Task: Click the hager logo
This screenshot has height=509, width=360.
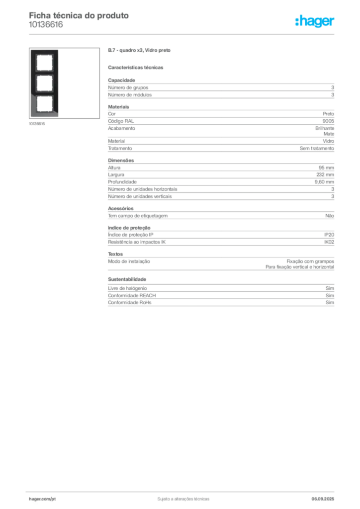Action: [x=314, y=21]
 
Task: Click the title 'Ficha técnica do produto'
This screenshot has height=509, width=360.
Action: [x=79, y=15]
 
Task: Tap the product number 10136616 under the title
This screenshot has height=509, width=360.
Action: [x=46, y=25]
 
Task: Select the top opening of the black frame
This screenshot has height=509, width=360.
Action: [x=44, y=63]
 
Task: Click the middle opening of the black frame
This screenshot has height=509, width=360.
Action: [x=44, y=84]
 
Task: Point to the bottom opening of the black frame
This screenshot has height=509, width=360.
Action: [x=44, y=104]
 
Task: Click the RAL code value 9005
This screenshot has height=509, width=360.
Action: [x=328, y=121]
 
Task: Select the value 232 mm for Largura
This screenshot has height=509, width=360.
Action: [x=325, y=174]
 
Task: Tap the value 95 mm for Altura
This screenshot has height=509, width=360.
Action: [x=326, y=168]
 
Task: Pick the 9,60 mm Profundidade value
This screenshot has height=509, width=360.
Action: [x=324, y=182]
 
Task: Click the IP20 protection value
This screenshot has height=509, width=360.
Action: [x=329, y=235]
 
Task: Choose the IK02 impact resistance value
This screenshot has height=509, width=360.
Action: [x=329, y=242]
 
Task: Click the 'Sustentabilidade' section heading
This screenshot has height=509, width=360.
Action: [x=127, y=279]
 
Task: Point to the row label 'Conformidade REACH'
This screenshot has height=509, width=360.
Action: [x=132, y=295]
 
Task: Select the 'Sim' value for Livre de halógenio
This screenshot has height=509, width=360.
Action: [x=330, y=288]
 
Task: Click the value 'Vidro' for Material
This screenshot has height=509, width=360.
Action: [x=328, y=141]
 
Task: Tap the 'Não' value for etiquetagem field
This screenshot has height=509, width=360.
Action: [x=330, y=216]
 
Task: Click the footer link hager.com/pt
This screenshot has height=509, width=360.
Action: [x=42, y=499]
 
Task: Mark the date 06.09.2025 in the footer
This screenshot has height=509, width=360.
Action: [x=323, y=499]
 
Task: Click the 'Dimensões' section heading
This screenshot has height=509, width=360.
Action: [x=121, y=161]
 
